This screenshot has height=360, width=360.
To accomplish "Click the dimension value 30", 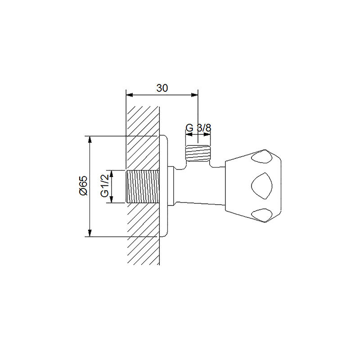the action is pyautogui.click(x=162, y=88).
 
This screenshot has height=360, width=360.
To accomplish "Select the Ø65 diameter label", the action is pyautogui.click(x=83, y=185).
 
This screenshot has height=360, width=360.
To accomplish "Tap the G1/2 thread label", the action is pyautogui.click(x=104, y=185).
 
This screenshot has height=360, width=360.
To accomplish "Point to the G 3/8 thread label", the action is pyautogui.click(x=198, y=128).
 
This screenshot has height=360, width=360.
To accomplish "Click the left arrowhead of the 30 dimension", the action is pyautogui.click(x=130, y=95).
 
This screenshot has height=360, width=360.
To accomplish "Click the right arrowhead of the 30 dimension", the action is pyautogui.click(x=195, y=95).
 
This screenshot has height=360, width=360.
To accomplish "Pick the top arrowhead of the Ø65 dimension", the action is pyautogui.click(x=90, y=140).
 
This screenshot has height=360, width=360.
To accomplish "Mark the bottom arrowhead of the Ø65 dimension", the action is pyautogui.click(x=90, y=233).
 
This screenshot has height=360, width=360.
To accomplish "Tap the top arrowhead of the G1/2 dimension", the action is pyautogui.click(x=112, y=174).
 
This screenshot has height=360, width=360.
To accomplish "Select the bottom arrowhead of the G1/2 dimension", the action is pyautogui.click(x=112, y=199).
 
